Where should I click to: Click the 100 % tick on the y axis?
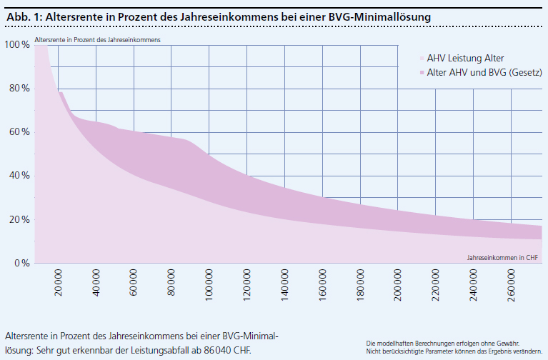[16, 44]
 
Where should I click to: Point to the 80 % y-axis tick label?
[18, 89]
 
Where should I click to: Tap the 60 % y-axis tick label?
[18, 132]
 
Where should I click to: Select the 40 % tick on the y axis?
[18, 176]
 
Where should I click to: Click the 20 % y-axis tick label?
[18, 219]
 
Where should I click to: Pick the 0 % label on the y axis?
[21, 263]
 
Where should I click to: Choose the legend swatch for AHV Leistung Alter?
[422, 59]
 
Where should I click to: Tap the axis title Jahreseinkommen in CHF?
[502, 256]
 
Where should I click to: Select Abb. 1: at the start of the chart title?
[23, 15]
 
